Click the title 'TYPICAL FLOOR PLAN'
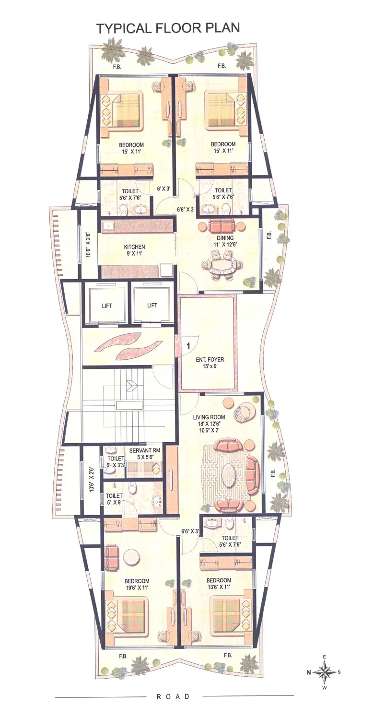(x=168, y=28)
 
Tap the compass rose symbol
(x=324, y=672)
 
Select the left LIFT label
(x=106, y=306)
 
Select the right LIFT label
(x=152, y=306)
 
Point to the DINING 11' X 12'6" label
(x=225, y=241)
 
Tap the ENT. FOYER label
(x=210, y=363)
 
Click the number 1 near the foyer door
(x=188, y=345)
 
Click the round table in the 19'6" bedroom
(x=130, y=557)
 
